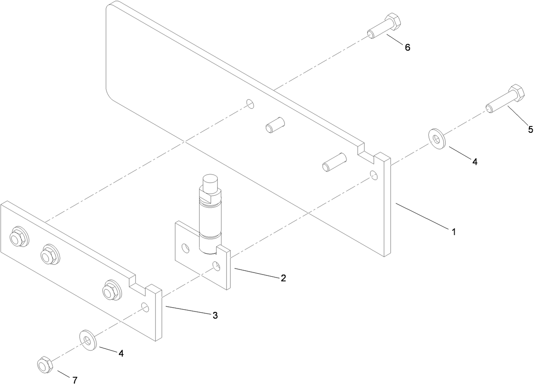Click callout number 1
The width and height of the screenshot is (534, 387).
453,232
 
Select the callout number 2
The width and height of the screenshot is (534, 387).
283,278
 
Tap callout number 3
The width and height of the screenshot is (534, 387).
215,315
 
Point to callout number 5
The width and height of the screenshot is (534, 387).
530,130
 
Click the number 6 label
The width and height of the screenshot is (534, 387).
407,48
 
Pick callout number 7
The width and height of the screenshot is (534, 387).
75,379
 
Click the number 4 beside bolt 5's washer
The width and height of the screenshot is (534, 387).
475,162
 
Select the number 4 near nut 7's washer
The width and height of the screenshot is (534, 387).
121,353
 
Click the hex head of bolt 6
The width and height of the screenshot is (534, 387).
393,22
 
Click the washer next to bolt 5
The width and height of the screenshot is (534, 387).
436,138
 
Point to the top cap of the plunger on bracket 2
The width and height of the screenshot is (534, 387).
210,184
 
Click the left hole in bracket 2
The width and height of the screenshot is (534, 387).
185,247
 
